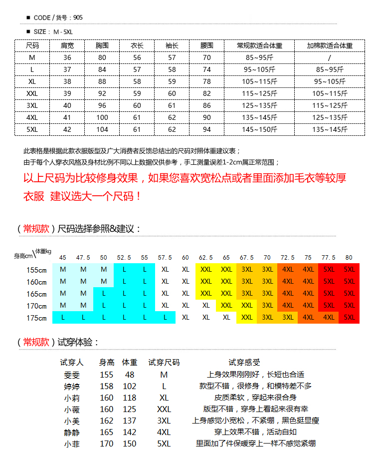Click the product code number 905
pyautogui.click(x=78, y=17)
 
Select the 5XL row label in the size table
pyautogui.click(x=32, y=129)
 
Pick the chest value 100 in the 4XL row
pyautogui.click(x=102, y=117)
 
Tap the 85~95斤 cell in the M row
pyautogui.click(x=260, y=57)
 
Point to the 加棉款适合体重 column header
pyautogui.click(x=330, y=45)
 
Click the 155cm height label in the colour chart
pyautogui.click(x=36, y=270)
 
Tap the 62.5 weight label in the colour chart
pyautogui.click(x=206, y=258)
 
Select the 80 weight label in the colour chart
pyautogui.click(x=349, y=258)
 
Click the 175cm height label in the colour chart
pyautogui.click(x=36, y=318)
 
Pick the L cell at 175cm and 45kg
pyautogui.click(x=63, y=317)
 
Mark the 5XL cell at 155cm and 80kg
pyautogui.click(x=349, y=269)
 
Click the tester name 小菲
pyautogui.click(x=72, y=444)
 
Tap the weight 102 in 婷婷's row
pyautogui.click(x=130, y=386)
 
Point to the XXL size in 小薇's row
pyautogui.click(x=164, y=409)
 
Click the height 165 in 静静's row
pyautogui.click(x=106, y=432)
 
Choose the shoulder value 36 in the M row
pyautogui.click(x=67, y=57)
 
